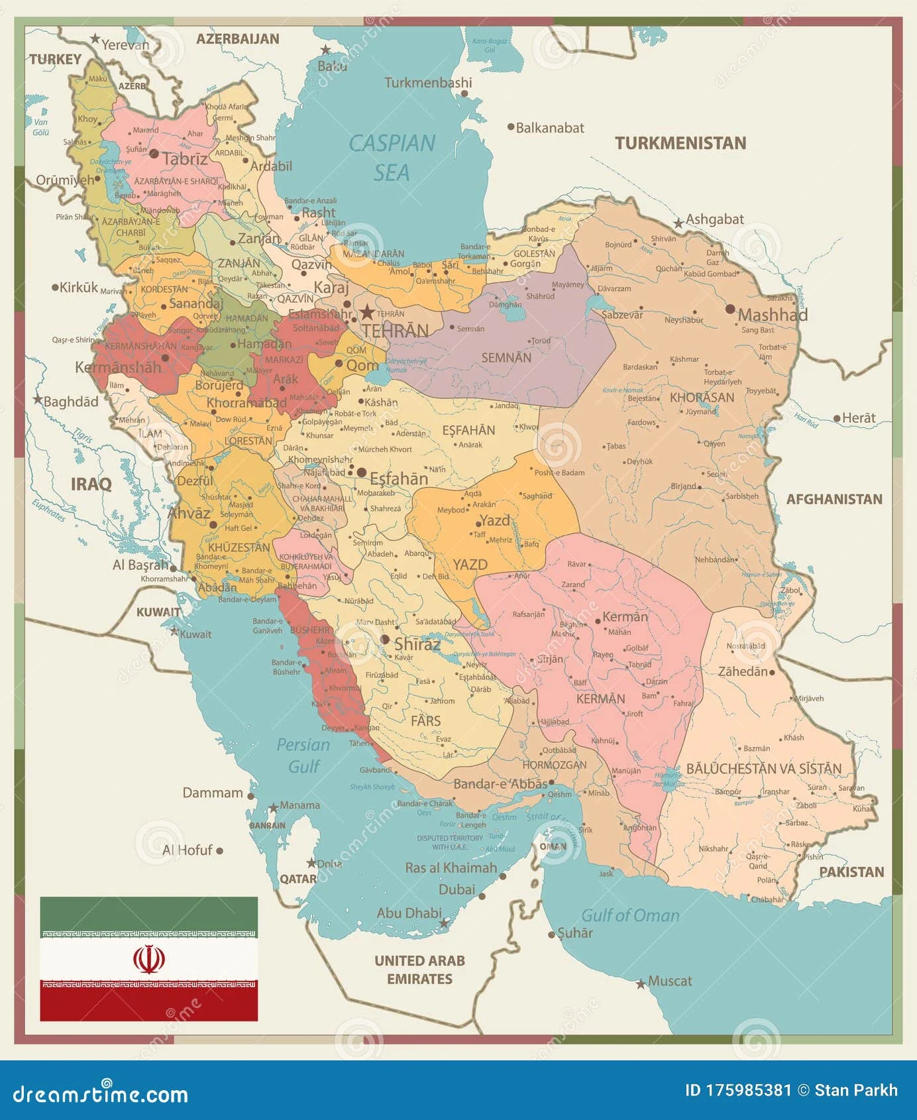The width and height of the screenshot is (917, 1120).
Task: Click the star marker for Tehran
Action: point(366,312)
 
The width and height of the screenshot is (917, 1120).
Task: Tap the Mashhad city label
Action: point(773,315)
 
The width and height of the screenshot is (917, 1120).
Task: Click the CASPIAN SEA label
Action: point(392,157)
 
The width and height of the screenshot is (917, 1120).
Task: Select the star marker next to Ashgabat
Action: point(678,223)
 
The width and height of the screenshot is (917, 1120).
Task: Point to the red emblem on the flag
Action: point(148,958)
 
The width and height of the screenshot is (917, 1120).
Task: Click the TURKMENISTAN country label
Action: point(680,143)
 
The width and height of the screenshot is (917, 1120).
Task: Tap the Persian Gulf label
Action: point(303,756)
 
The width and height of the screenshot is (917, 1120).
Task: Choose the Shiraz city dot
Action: point(385,640)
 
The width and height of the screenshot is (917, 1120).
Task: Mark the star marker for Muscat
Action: point(640,984)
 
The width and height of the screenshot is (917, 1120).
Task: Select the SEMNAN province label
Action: point(506,358)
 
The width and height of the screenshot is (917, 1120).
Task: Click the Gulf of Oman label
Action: point(630,916)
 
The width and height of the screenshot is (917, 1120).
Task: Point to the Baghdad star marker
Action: point(38,400)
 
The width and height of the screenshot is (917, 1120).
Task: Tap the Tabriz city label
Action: point(185,159)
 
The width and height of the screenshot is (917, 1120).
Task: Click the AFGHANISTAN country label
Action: point(834,500)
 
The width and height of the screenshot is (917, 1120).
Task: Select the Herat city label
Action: point(859,418)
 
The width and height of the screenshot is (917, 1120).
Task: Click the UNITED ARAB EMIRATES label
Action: point(419,970)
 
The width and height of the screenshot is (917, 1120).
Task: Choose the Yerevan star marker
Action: point(95,39)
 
